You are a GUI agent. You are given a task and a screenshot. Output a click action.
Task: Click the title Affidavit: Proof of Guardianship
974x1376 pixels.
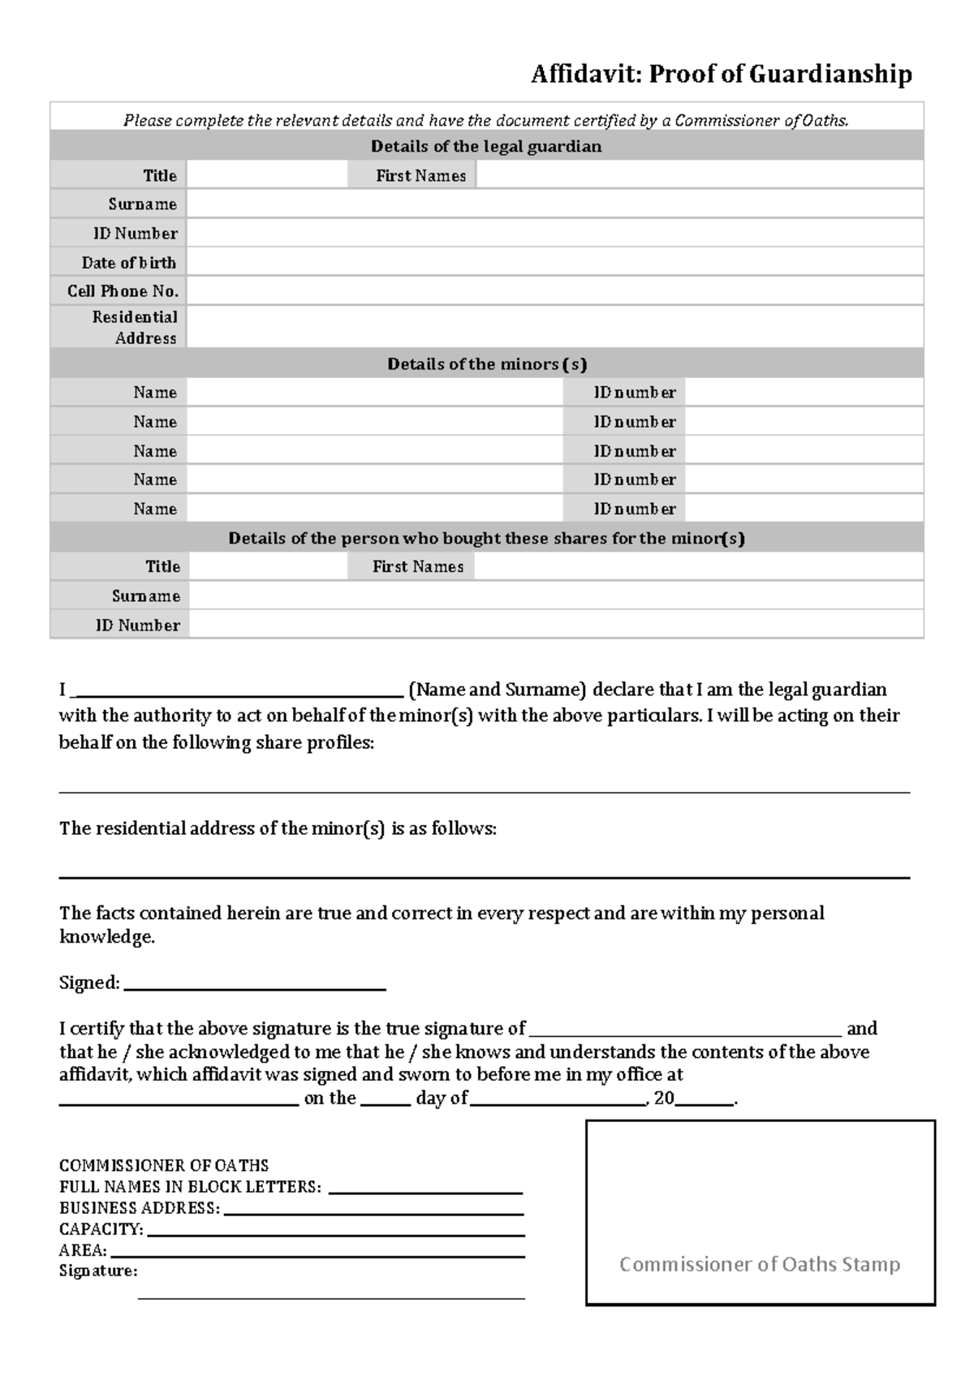point(721,75)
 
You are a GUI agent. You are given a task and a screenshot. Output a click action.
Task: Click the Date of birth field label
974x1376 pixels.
point(128,263)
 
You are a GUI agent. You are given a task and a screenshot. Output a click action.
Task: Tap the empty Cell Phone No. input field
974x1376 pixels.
point(554,290)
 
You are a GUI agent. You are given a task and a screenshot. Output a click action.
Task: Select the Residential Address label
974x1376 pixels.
point(135,327)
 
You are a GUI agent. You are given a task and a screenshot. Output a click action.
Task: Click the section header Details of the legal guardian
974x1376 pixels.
point(486,147)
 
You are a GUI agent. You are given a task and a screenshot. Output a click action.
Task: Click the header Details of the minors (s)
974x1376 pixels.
point(486,364)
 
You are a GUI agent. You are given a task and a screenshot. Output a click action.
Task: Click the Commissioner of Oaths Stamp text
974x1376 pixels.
point(760,1264)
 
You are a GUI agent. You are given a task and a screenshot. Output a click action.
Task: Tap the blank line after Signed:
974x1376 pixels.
point(255,984)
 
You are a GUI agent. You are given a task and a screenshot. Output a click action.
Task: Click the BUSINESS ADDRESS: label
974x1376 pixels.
point(139,1208)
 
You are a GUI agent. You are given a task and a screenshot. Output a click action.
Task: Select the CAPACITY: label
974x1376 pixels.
point(101,1229)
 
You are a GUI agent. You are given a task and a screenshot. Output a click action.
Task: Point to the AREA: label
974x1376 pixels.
point(82,1250)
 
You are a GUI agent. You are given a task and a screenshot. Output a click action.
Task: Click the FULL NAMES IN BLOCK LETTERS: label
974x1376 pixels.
point(190,1187)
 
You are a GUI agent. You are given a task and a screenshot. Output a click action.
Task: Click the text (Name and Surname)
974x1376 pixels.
point(497,690)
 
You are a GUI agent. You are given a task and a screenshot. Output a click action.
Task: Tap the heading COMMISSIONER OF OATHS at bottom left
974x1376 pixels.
point(163,1166)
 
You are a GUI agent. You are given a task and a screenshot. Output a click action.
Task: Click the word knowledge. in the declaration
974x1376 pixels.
point(106,937)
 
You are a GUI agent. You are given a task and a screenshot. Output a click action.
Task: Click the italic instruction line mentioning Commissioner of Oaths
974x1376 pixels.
point(485,121)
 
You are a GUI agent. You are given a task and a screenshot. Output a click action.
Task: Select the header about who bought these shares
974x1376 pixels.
point(486,539)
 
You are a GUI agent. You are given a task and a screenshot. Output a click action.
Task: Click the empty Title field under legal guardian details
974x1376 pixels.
point(266,175)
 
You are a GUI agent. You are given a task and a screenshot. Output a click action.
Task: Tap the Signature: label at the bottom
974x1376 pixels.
point(97,1271)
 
